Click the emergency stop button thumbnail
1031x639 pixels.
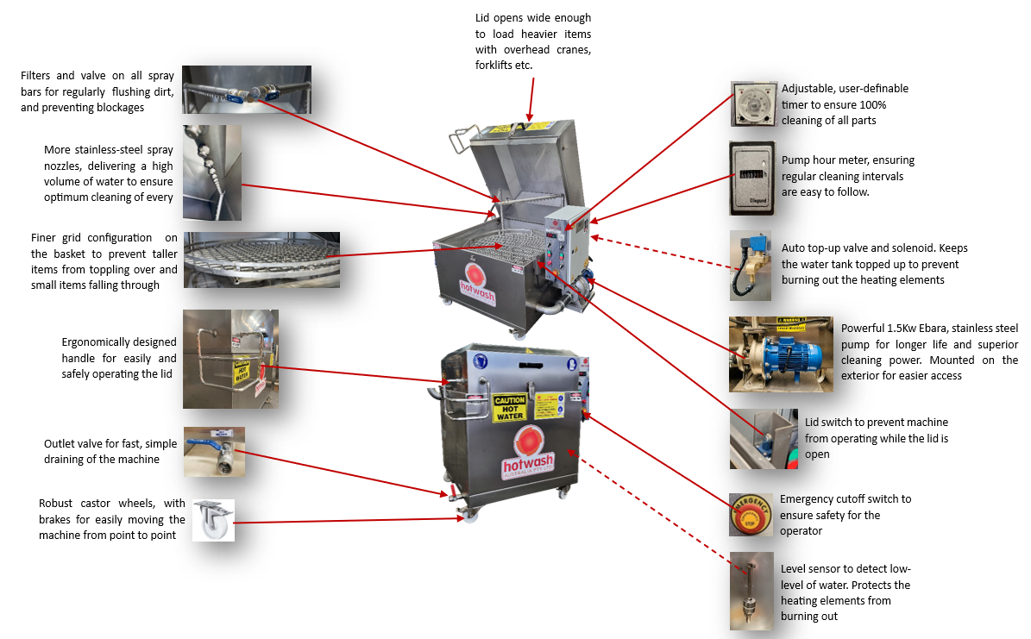pos(751,515)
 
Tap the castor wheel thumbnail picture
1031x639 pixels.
pos(213,521)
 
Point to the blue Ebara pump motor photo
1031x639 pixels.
pos(781,350)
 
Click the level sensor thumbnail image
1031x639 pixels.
pos(751,591)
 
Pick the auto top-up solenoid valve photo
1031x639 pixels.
pos(751,265)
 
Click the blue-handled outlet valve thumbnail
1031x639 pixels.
pos(214,452)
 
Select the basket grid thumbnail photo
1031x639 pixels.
pos(261,260)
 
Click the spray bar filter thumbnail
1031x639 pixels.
pos(247,90)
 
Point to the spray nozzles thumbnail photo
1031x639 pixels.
pos(212,172)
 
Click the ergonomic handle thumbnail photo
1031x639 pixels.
pos(230,359)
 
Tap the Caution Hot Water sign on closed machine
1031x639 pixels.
pos(509,408)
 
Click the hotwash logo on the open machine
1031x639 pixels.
pos(474,279)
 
